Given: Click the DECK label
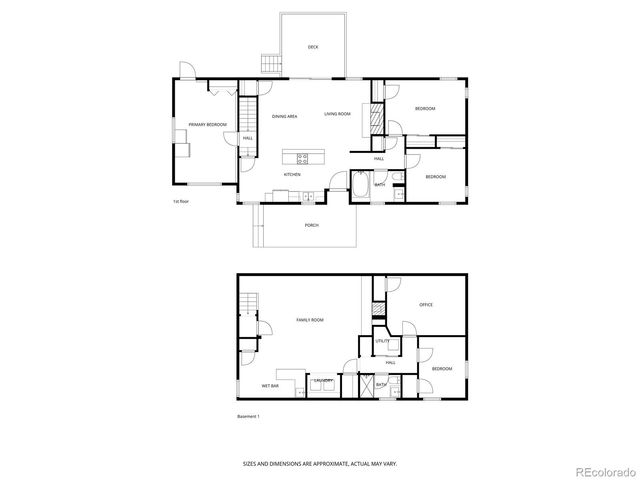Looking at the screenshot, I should coord(313,47).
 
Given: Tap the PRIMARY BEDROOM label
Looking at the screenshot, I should coord(208,124).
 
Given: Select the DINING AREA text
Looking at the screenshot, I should coord(285,116).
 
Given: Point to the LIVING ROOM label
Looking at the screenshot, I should coord(337,114).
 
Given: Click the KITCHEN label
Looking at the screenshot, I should coord(292,174).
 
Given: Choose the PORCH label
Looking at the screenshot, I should coord(312,225).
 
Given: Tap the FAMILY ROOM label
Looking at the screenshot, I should coord(310,319).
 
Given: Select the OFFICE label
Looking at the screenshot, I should coord(425,305).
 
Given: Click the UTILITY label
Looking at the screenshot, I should coord(382,341).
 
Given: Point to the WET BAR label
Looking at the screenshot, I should coord(270,385).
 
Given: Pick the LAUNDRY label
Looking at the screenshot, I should coord(322,381).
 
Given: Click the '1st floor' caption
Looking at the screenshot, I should coord(182,201).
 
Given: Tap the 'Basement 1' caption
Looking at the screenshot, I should coord(248,416).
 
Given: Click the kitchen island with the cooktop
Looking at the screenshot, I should coord(304,157).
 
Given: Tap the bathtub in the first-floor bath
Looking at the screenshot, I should coord(361,186).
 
